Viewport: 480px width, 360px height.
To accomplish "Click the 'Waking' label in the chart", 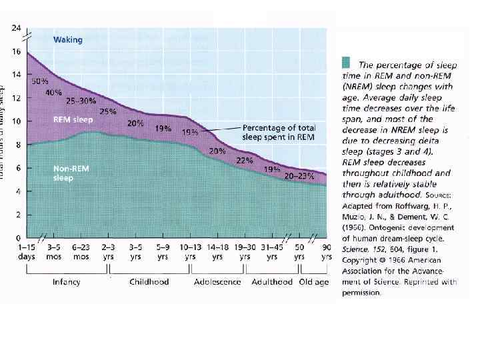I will [x=68, y=40].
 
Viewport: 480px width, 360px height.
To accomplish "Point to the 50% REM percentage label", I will [x=40, y=80].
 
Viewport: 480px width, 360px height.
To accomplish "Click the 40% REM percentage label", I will [x=54, y=93].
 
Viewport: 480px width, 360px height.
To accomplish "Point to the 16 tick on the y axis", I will [x=17, y=51].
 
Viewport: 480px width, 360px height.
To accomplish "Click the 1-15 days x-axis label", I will [x=27, y=251].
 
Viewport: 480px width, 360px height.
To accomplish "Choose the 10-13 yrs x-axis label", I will [x=190, y=251].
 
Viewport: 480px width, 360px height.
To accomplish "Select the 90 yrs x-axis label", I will [x=327, y=251].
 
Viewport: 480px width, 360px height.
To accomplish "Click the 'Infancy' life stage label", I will [x=67, y=282].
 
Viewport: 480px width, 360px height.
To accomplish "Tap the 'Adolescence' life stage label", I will [x=218, y=282].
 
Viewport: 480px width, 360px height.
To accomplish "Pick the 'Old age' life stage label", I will [x=314, y=282].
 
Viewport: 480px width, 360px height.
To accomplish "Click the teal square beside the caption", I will [x=345, y=63].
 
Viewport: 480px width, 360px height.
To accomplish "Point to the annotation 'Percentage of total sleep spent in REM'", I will [x=279, y=131].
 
